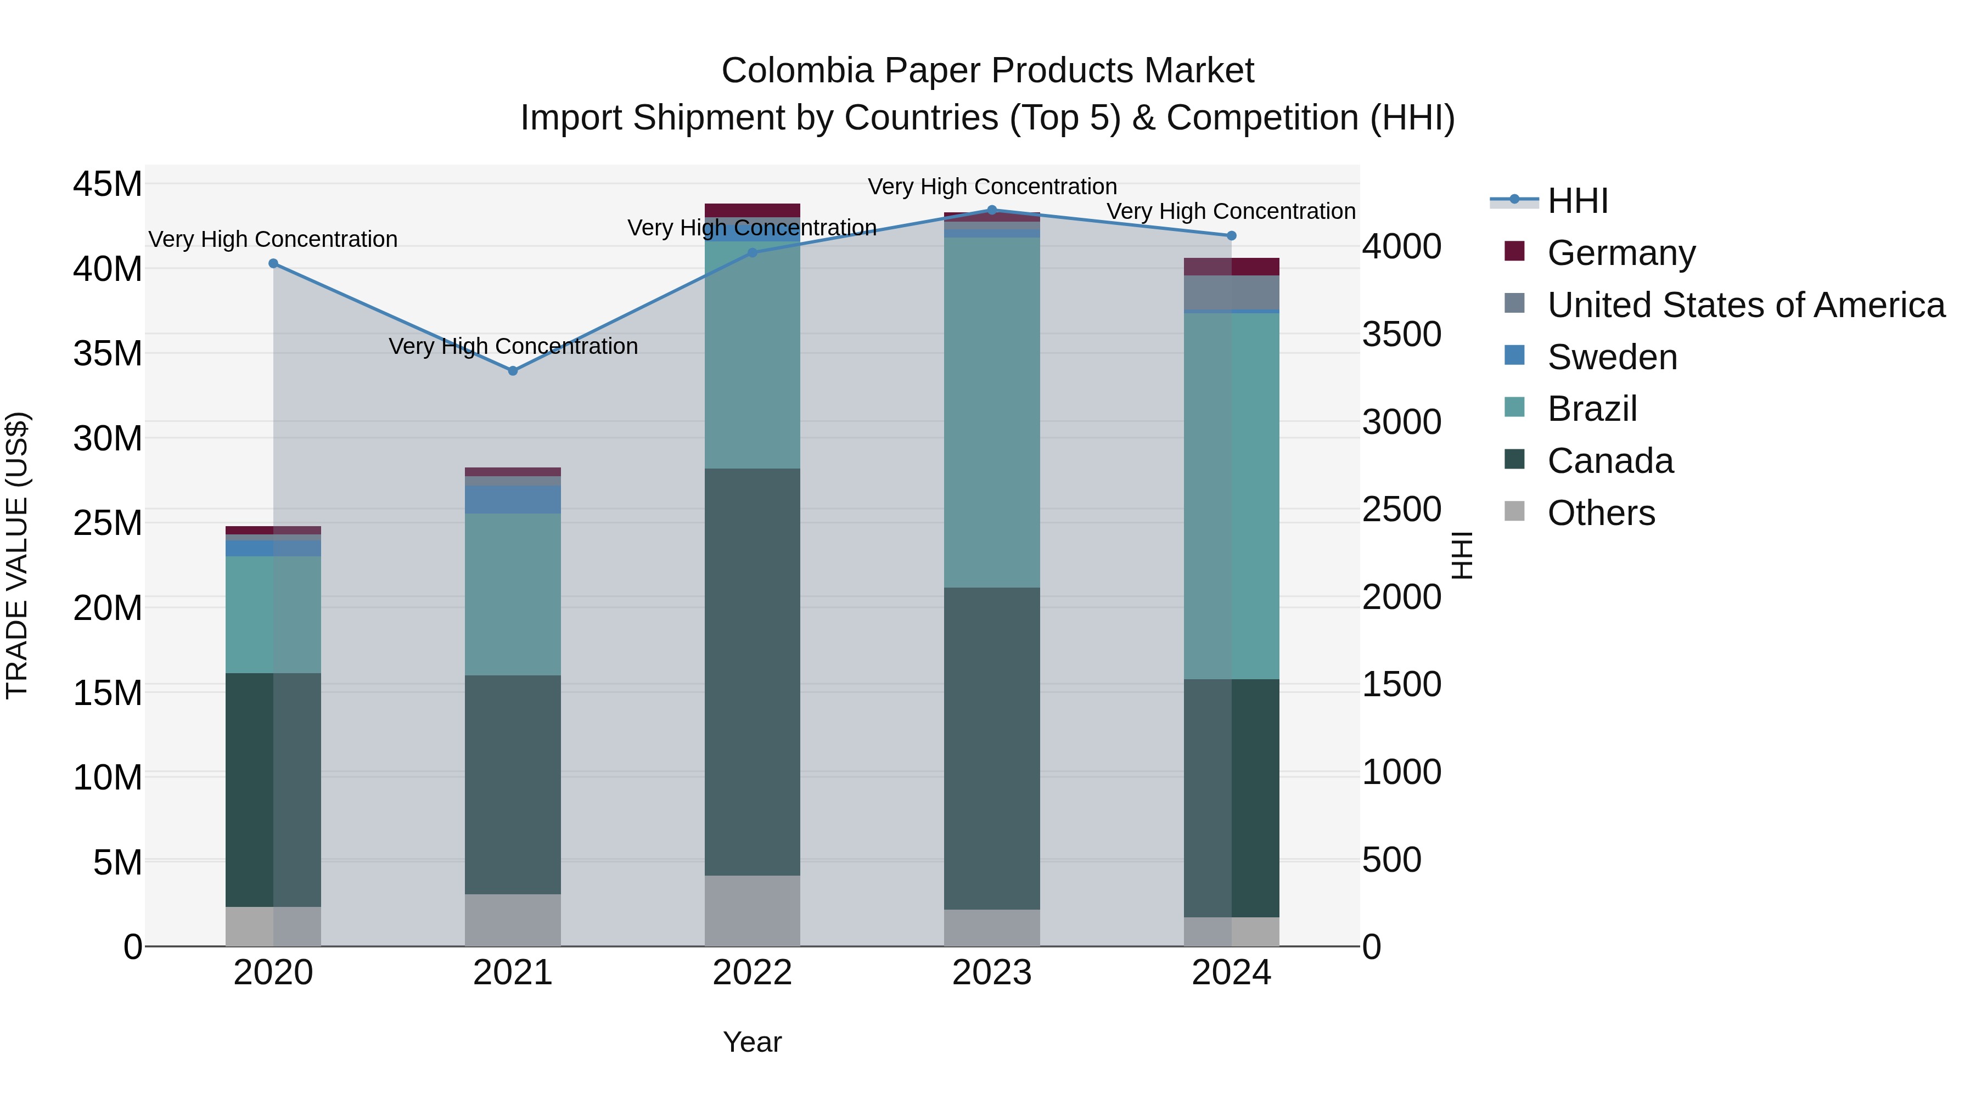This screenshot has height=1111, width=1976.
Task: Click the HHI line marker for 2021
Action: pyautogui.click(x=513, y=370)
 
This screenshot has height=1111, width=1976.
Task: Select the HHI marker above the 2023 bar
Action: pyautogui.click(x=992, y=210)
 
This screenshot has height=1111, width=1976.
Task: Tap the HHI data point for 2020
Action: pyautogui.click(x=273, y=264)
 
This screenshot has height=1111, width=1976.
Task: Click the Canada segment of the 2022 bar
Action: pyautogui.click(x=753, y=671)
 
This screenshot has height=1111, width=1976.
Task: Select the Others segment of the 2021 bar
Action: pyautogui.click(x=513, y=920)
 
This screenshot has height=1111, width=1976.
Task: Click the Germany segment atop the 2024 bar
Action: pyautogui.click(x=1231, y=266)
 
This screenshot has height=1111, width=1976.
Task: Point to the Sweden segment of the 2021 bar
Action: pyautogui.click(x=513, y=499)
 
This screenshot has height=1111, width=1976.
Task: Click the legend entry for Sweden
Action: pyautogui.click(x=1612, y=357)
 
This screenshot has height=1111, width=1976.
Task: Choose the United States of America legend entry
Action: pyautogui.click(x=1745, y=305)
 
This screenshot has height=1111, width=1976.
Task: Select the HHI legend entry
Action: pyautogui.click(x=1577, y=201)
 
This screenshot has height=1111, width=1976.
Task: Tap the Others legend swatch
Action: pyautogui.click(x=1514, y=511)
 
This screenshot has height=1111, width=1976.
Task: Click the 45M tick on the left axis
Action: pyautogui.click(x=108, y=185)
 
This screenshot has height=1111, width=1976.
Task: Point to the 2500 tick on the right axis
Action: pyautogui.click(x=1401, y=510)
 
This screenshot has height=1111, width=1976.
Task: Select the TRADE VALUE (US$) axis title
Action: pyautogui.click(x=18, y=555)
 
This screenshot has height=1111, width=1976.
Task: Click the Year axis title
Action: pyautogui.click(x=752, y=1042)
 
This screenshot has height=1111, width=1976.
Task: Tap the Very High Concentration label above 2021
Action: pyautogui.click(x=513, y=347)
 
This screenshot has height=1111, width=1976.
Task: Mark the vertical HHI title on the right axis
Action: pyautogui.click(x=1463, y=555)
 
